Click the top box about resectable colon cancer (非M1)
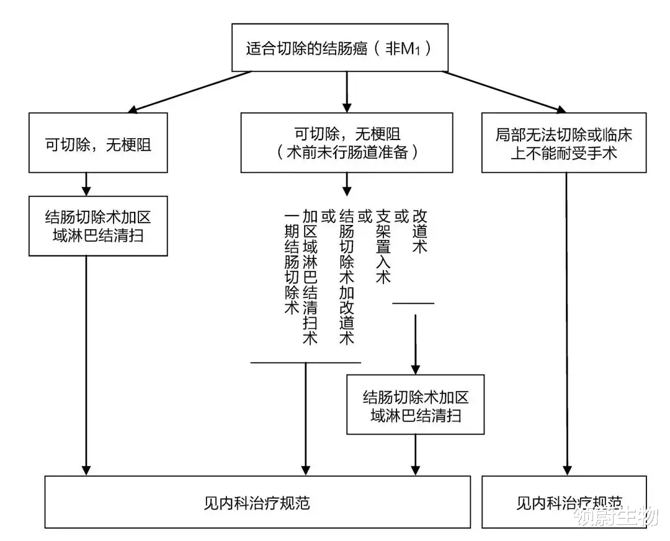click(x=340, y=47)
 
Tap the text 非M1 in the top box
click(x=403, y=49)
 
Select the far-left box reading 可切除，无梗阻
click(x=98, y=143)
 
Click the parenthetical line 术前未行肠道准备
click(x=347, y=152)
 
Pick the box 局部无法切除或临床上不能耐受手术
click(x=563, y=143)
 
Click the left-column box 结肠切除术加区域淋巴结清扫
click(x=98, y=226)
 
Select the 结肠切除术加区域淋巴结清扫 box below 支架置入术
click(x=415, y=405)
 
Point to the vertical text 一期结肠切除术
click(x=292, y=262)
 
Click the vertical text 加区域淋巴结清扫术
click(x=310, y=276)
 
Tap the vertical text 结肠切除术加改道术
click(x=347, y=276)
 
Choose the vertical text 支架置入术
click(x=383, y=247)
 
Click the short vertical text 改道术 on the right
click(x=419, y=231)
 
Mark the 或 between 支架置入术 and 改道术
click(x=401, y=217)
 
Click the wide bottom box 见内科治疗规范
click(x=257, y=502)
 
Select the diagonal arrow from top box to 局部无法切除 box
click(x=504, y=92)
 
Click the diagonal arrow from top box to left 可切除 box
click(x=189, y=92)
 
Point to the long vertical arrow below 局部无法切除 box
click(x=566, y=324)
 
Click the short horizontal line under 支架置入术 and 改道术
click(x=413, y=304)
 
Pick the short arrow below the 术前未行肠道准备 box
click(x=347, y=185)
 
